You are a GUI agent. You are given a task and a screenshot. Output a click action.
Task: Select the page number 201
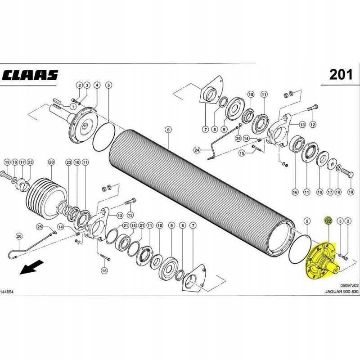(341, 75)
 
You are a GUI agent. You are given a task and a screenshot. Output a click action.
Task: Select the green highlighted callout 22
(328, 220)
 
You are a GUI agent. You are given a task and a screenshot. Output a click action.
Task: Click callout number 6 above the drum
(168, 130)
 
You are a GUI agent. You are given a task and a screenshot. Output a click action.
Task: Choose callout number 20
(51, 162)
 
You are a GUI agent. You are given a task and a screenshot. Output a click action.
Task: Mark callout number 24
(196, 149)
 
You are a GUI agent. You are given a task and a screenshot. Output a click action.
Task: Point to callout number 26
(19, 236)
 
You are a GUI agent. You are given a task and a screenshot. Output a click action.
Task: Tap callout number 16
(295, 192)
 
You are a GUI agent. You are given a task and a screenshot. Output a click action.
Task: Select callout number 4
(96, 85)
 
